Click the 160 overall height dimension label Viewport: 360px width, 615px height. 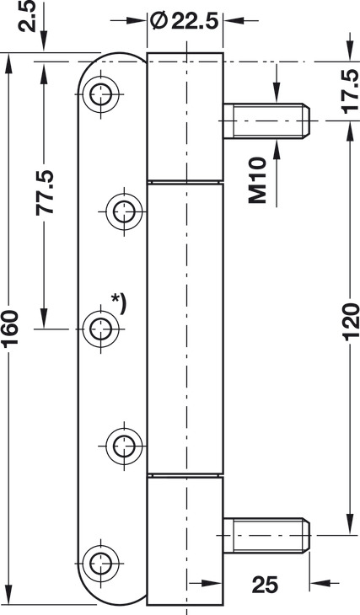9,329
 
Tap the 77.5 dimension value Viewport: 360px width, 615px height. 45,192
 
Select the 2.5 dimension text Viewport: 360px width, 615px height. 28,16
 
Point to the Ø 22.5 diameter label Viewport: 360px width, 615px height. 184,21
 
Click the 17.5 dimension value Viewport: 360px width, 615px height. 350,91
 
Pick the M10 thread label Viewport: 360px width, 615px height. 257,180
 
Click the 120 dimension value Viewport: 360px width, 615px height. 351,321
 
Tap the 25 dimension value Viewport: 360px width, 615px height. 265,585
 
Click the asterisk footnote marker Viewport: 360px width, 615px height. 119,303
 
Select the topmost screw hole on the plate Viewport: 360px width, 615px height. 100,94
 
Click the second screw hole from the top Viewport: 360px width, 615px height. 124,211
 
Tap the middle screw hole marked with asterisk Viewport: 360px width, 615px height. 101,329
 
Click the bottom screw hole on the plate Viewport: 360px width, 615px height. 100,564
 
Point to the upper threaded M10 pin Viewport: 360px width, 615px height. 266,120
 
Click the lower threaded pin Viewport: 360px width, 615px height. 266,535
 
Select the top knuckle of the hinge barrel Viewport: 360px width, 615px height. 185,117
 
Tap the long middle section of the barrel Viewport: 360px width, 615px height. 185,329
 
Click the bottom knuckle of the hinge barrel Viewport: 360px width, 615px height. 185,541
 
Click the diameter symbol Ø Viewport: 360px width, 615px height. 158,21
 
